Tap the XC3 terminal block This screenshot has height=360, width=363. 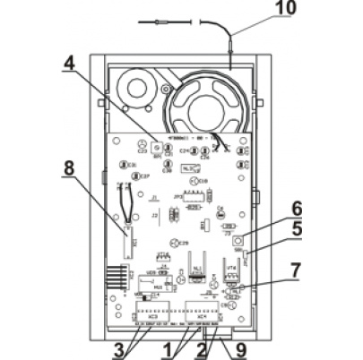coord(152,314)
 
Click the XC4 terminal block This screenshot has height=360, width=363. coord(203,314)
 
